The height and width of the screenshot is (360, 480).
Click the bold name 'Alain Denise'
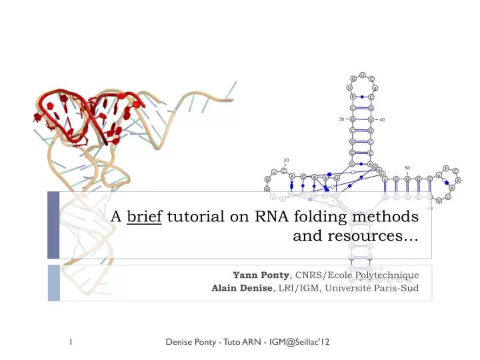click(242, 288)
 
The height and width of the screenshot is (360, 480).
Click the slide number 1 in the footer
click(71, 342)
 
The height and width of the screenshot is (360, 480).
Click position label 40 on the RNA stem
click(381, 120)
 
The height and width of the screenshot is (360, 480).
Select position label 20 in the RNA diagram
click(285, 160)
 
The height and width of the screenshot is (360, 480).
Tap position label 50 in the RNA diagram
click(407, 167)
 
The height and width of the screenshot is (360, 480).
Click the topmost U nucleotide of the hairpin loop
click(361, 73)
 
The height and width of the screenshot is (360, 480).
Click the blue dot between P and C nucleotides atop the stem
click(361, 97)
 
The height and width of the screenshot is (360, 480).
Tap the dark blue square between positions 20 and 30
click(329, 174)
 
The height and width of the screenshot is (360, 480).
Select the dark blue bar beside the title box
click(53, 225)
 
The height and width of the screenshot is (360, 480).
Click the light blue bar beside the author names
click(53, 281)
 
